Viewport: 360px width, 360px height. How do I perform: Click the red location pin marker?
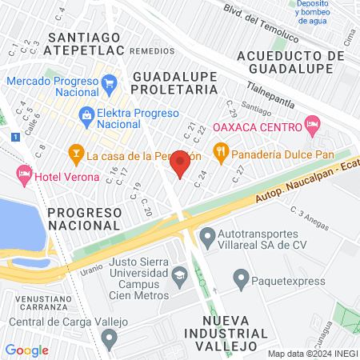181,162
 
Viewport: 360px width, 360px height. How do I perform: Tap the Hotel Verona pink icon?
25,174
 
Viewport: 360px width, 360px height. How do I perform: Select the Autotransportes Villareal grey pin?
206,236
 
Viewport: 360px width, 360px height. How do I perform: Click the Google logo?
27,350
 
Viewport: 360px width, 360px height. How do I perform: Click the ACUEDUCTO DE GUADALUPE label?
290,62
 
